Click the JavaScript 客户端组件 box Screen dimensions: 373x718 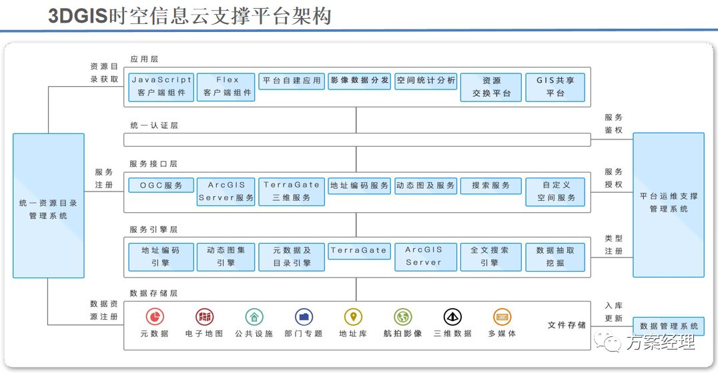pos(161,87)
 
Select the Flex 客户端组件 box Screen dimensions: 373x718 pos(227,87)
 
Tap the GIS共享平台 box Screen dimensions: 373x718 pos(555,87)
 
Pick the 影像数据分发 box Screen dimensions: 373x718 pos(359,81)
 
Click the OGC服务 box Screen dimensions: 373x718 pos(161,185)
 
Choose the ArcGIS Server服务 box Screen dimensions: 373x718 pos(227,191)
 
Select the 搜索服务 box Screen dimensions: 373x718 pos(490,185)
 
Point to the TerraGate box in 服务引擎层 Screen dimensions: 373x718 pos(359,251)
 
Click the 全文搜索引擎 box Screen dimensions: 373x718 pos(490,256)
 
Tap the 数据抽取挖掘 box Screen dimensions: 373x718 pos(555,256)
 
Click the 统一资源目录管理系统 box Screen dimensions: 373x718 pos(49,206)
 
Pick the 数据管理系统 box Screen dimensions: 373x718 pos(668,326)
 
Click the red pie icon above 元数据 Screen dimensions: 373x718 pos(155,316)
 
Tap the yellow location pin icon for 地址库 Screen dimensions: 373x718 pos(353,316)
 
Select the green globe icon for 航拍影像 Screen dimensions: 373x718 pos(402,316)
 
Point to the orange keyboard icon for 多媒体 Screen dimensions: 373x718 pos(502,316)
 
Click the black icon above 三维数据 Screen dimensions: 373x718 pos(452,316)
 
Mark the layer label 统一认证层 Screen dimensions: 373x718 pos(153,125)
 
